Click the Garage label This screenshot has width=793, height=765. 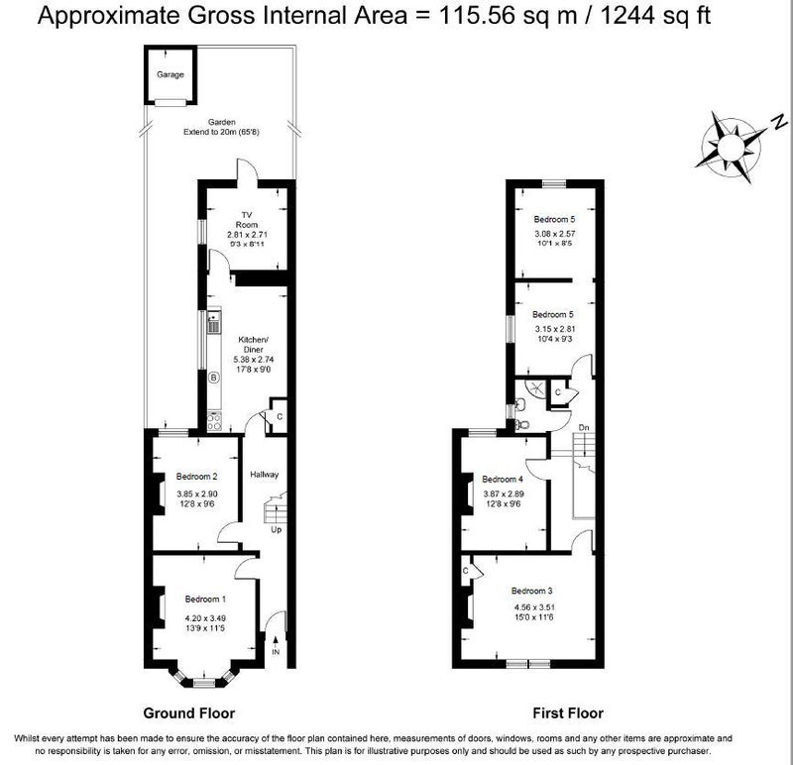pyautogui.click(x=170, y=74)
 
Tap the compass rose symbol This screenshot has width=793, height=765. pyautogui.click(x=730, y=147)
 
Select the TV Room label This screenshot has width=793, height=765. pyautogui.click(x=247, y=219)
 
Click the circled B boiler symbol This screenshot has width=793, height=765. pyautogui.click(x=214, y=378)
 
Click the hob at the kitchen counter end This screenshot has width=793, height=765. pyautogui.click(x=214, y=422)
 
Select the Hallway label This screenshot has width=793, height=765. pyautogui.click(x=264, y=475)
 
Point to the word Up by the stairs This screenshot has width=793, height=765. pyautogui.click(x=277, y=529)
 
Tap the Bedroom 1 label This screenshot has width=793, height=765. pyautogui.click(x=205, y=600)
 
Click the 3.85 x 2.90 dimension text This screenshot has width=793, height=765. pyautogui.click(x=197, y=494)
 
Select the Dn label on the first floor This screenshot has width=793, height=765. pyautogui.click(x=584, y=428)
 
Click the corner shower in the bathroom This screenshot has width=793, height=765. pyautogui.click(x=535, y=388)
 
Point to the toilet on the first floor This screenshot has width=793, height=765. pyautogui.click(x=522, y=425)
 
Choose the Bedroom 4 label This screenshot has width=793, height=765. pyautogui.click(x=503, y=479)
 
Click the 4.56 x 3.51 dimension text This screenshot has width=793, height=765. pyautogui.click(x=534, y=607)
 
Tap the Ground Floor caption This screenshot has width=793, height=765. pyautogui.click(x=189, y=712)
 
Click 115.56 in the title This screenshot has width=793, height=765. pyautogui.click(x=474, y=15)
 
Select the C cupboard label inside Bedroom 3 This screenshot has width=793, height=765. pyautogui.click(x=466, y=571)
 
